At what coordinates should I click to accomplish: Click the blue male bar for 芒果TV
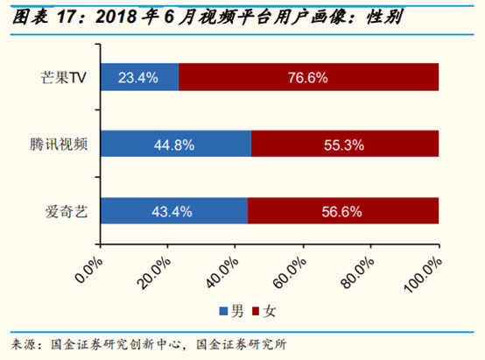140,77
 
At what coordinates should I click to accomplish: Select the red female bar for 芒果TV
308,77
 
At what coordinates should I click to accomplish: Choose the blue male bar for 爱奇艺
173,211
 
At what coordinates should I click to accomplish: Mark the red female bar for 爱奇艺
342,211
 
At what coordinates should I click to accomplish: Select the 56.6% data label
342,211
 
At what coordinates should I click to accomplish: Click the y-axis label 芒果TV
67,77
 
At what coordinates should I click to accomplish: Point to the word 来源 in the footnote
24,342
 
